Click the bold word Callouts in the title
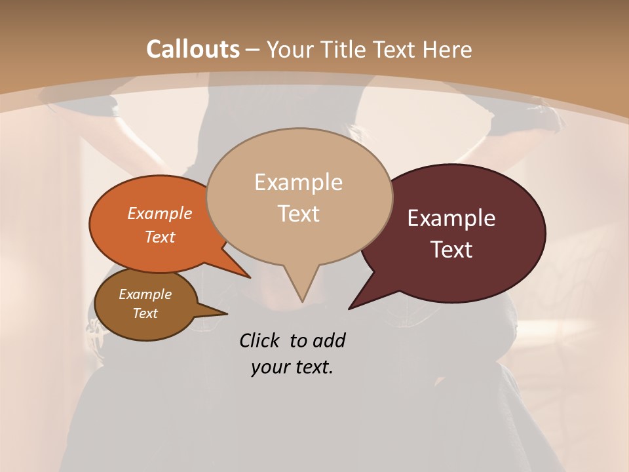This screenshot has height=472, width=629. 193,49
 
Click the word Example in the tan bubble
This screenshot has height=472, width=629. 298,182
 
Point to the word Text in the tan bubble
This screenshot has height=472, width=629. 298,214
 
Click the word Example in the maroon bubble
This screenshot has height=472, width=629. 451,218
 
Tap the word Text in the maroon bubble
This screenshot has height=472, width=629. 451,250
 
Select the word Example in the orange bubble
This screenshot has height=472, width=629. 160,213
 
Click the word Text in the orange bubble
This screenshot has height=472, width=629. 160,237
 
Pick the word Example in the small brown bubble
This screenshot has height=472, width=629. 145,294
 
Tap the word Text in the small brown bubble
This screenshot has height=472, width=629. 145,313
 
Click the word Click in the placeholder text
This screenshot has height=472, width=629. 261,340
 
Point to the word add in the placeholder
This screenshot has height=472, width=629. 329,340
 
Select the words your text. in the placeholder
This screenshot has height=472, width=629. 292,367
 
